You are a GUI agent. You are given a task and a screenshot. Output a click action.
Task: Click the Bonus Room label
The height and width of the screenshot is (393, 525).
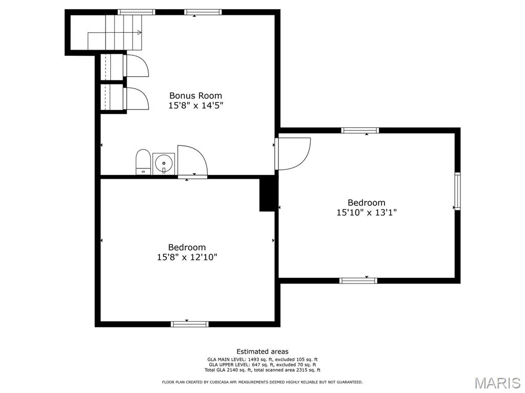(195, 96)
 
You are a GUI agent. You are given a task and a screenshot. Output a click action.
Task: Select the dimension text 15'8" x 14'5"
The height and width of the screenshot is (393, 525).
(195, 105)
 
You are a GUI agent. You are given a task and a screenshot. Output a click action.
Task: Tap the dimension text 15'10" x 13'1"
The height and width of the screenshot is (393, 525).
(367, 212)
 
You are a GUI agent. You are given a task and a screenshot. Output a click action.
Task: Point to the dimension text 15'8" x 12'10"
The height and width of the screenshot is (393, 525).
(187, 257)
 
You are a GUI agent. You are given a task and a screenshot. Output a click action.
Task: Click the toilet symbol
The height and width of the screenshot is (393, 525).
(143, 162)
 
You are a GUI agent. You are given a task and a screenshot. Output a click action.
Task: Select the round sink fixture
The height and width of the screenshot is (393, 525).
(164, 163)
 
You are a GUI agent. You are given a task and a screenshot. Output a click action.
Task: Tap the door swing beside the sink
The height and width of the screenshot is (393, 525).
(192, 160)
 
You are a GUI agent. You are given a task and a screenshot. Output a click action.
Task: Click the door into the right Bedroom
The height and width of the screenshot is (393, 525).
(293, 154)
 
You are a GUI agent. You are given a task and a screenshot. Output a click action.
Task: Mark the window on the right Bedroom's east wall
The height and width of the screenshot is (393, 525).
(457, 191)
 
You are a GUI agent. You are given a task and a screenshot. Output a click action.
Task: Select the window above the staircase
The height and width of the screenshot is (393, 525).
(136, 12)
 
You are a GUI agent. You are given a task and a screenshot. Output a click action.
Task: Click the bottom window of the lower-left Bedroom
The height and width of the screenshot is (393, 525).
(190, 324)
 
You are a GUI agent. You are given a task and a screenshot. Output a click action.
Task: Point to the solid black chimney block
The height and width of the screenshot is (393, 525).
(268, 194)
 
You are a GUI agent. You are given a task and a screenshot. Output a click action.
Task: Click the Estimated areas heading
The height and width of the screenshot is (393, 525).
(262, 352)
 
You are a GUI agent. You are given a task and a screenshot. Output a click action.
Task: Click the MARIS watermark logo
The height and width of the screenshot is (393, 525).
(497, 383)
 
